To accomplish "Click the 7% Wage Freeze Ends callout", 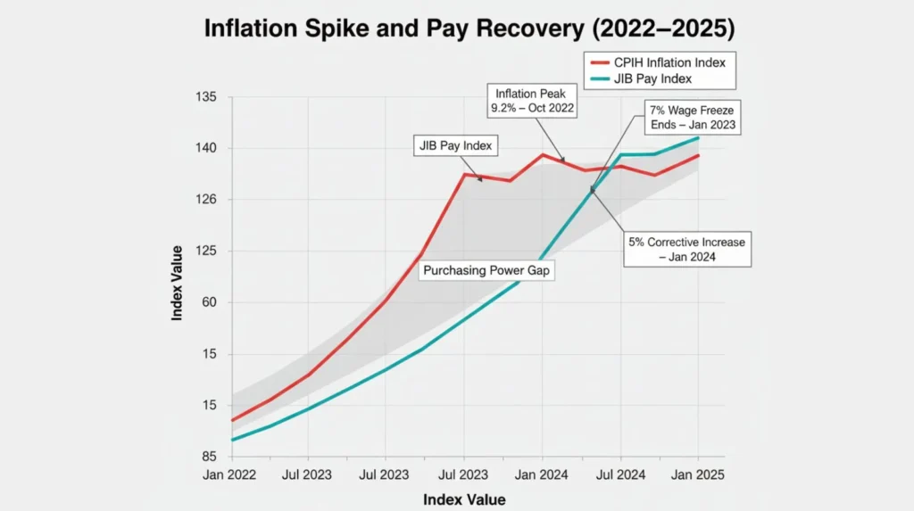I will pyautogui.click(x=693, y=117).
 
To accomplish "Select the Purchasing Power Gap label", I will pyautogui.click(x=486, y=270).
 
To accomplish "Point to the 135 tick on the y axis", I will pyautogui.click(x=205, y=96).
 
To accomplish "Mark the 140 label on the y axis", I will pyautogui.click(x=205, y=148).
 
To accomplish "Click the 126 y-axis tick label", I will pyautogui.click(x=205, y=200).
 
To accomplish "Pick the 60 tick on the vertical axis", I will pyautogui.click(x=208, y=302).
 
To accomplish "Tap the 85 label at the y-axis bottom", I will pyautogui.click(x=208, y=457).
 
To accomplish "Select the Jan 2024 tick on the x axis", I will pyautogui.click(x=542, y=475).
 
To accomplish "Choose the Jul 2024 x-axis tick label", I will pyautogui.click(x=619, y=475).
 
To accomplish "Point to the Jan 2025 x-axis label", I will pyautogui.click(x=698, y=475).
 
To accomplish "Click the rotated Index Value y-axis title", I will pyautogui.click(x=178, y=284).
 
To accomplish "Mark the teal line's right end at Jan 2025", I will pyautogui.click(x=698, y=137).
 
